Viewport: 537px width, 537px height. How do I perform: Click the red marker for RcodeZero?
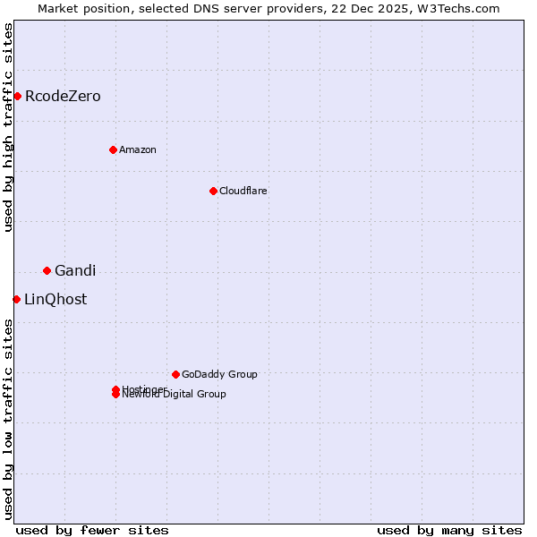click(17, 96)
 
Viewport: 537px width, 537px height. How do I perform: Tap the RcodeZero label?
click(63, 97)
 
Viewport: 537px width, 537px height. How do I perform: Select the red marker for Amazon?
click(113, 149)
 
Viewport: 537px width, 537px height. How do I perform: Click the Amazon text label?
click(138, 150)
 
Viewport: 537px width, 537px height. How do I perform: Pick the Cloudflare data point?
click(213, 191)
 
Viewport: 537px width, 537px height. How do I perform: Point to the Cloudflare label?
click(243, 192)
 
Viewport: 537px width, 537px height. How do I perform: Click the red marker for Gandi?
click(47, 270)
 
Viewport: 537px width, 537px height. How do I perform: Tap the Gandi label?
click(75, 271)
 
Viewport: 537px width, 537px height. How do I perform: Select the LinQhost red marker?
click(16, 299)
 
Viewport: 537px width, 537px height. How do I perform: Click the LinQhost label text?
click(55, 300)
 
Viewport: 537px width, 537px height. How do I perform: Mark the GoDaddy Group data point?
click(175, 374)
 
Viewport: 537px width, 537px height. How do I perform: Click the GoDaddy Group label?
click(219, 375)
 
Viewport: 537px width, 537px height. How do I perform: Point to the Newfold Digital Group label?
click(175, 395)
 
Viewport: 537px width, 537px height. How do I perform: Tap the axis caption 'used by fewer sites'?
click(92, 530)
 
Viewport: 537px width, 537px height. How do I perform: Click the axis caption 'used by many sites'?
click(449, 530)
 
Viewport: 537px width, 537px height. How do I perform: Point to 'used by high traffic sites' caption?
click(8, 127)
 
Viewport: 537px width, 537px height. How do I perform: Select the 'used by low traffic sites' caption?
click(8, 419)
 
